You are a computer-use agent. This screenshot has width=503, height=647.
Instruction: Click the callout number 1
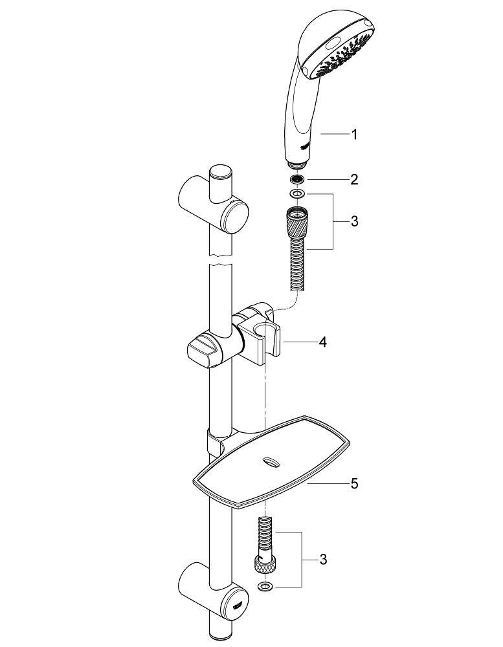point(354,135)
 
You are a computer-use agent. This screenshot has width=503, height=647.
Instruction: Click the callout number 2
point(354,179)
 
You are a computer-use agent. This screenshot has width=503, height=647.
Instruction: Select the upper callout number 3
point(354,221)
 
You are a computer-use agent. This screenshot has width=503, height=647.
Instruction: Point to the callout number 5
point(354,483)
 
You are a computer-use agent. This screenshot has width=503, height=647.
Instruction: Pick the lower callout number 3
point(323,560)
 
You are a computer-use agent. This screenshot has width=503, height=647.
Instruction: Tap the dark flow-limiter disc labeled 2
point(297,179)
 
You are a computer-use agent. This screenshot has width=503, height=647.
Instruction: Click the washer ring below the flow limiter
point(297,193)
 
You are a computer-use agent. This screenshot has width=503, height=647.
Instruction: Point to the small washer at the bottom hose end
point(264,587)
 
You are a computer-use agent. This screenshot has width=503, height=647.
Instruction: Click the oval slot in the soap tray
point(269,463)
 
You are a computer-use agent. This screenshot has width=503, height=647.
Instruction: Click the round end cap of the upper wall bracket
point(234,217)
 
